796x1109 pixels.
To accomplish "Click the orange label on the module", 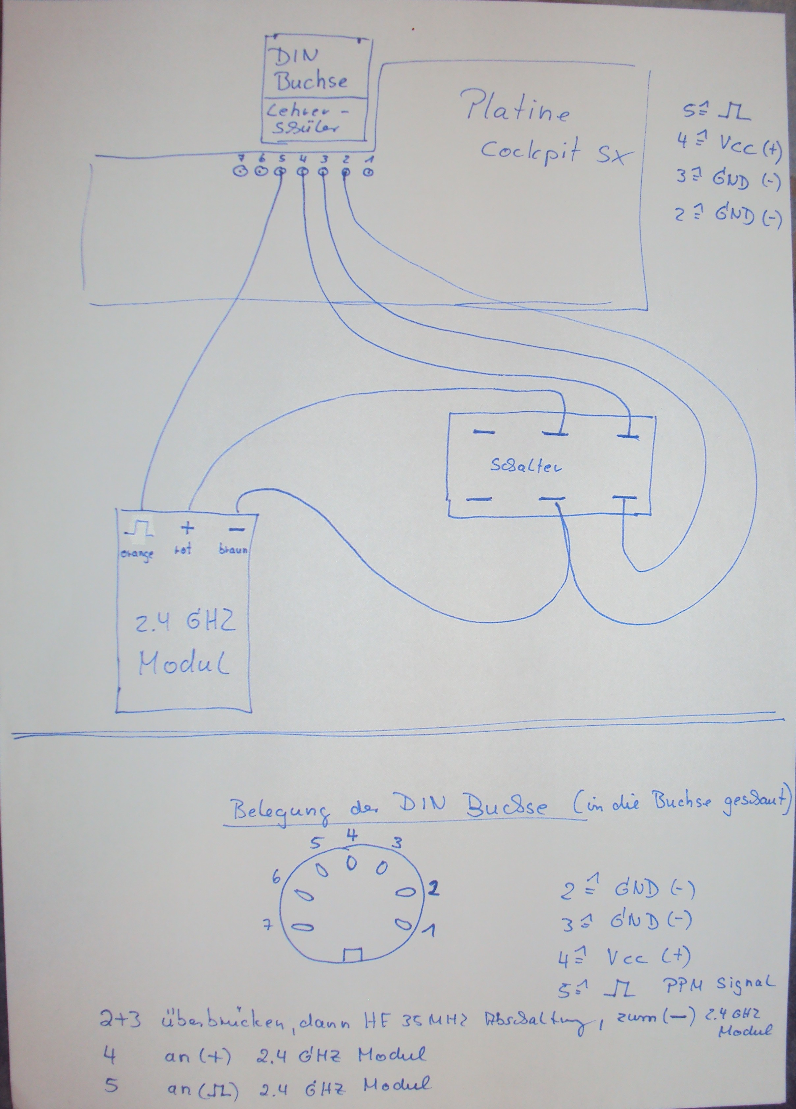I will (137, 554).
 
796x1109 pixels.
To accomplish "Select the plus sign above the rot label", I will (187, 528).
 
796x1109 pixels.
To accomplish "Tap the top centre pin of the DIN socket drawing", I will (351, 864).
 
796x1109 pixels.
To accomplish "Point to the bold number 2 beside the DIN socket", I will (433, 889).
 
